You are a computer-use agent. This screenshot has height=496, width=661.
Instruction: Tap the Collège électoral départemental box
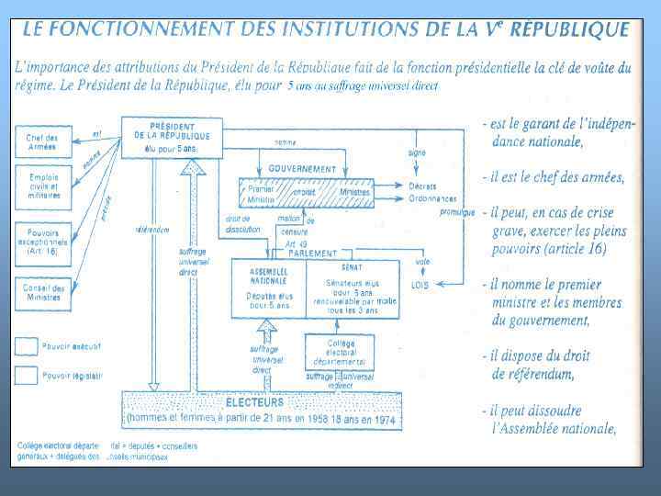pyautogui.click(x=340, y=350)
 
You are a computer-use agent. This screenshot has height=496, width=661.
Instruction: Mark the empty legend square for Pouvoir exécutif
pyautogui.click(x=27, y=346)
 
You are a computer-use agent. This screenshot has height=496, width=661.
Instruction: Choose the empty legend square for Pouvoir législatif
pyautogui.click(x=27, y=374)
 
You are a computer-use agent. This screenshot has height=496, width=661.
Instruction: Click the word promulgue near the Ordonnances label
pyautogui.click(x=456, y=212)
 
